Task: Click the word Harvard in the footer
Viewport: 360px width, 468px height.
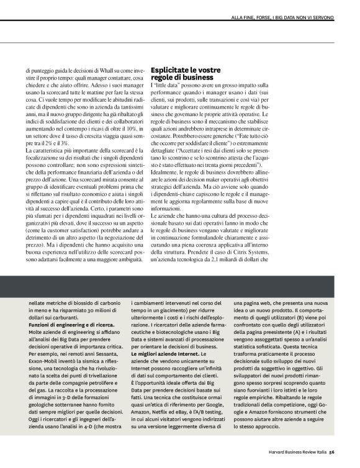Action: (x=279, y=452)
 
